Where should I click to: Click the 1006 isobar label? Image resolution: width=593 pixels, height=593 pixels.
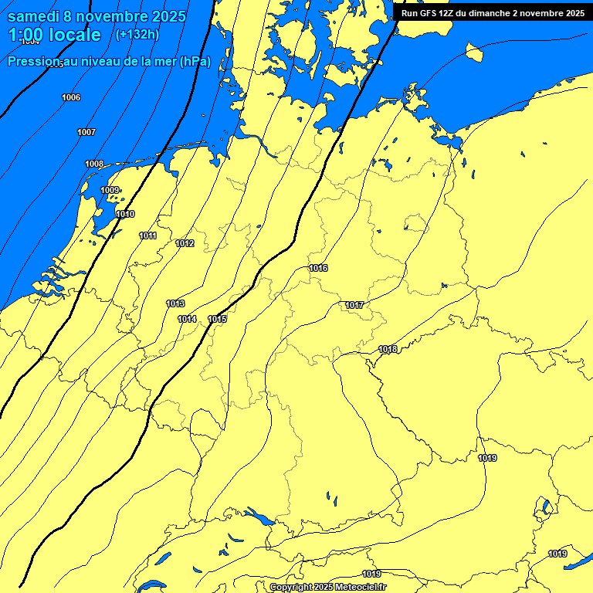71,97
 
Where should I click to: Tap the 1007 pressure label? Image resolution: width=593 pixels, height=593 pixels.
86,132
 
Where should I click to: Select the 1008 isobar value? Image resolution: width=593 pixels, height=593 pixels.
94,164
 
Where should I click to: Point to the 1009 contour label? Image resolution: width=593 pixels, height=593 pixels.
110,190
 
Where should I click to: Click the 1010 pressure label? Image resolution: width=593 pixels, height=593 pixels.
125,214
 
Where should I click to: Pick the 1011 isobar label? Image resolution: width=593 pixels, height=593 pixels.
148,236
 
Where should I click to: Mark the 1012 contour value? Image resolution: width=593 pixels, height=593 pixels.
185,243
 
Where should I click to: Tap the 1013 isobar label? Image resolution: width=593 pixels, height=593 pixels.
175,303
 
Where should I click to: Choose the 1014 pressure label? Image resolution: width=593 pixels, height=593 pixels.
187,319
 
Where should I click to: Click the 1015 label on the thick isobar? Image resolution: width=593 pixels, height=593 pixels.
217,319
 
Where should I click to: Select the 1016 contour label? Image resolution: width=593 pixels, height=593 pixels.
318,268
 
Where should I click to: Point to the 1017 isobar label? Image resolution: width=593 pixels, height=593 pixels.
354,305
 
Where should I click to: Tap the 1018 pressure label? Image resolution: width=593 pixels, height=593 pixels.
388,349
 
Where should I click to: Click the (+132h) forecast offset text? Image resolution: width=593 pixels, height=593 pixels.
137,35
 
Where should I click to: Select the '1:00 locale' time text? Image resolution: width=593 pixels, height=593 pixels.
54,35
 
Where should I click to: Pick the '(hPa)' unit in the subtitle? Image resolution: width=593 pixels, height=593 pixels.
195,61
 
